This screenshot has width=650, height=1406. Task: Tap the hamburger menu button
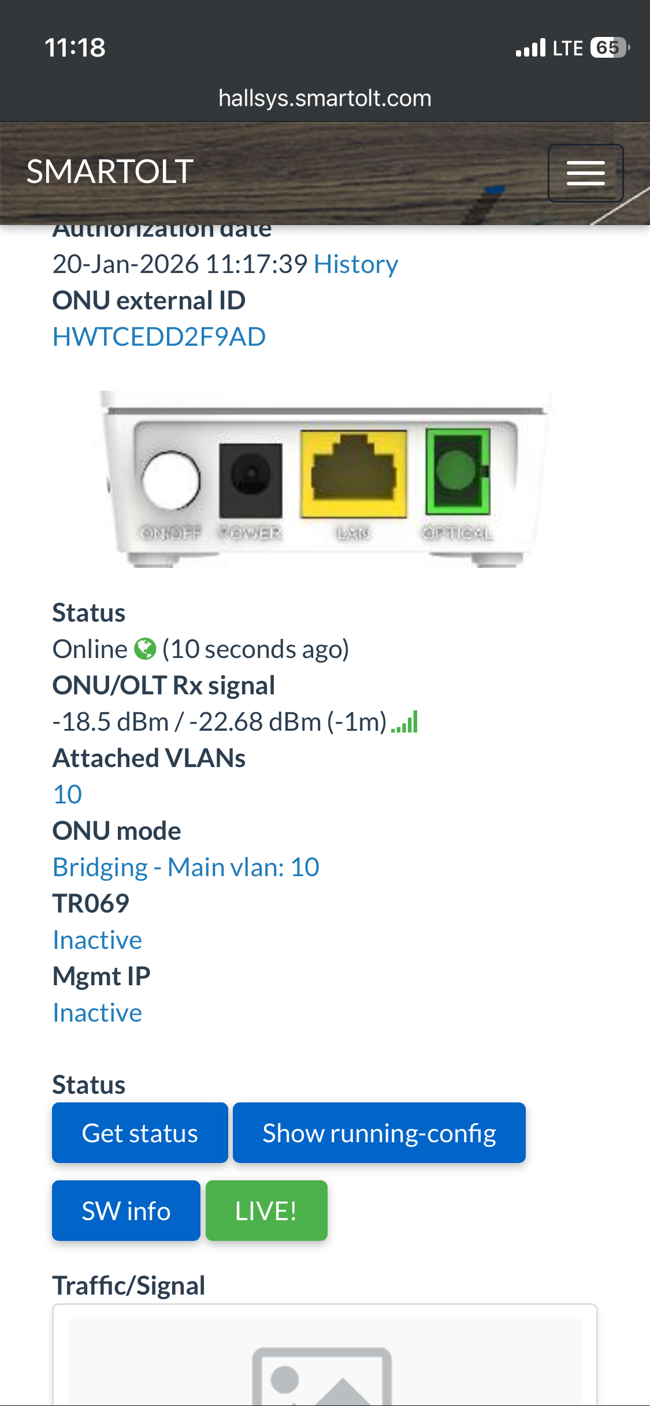pyautogui.click(x=585, y=173)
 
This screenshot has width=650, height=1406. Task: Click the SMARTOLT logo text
pyautogui.click(x=110, y=172)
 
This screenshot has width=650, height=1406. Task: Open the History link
pyautogui.click(x=356, y=264)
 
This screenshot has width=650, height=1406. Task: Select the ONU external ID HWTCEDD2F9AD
pyautogui.click(x=159, y=336)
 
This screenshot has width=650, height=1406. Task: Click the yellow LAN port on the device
pyautogui.click(x=354, y=474)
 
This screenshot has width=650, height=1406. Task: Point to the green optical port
pyautogui.click(x=458, y=471)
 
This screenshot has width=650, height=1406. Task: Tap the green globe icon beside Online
pyautogui.click(x=145, y=649)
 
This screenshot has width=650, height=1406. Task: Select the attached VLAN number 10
pyautogui.click(x=68, y=795)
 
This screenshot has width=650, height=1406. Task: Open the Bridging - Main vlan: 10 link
pyautogui.click(x=185, y=867)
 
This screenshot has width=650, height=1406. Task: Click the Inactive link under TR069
pyautogui.click(x=97, y=940)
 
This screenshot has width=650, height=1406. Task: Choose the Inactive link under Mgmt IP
pyautogui.click(x=97, y=1013)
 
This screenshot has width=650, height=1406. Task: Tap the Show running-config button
pyautogui.click(x=379, y=1133)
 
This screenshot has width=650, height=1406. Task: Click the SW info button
pyautogui.click(x=126, y=1211)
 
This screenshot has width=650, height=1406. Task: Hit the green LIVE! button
pyautogui.click(x=266, y=1211)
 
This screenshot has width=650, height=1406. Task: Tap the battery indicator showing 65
pyautogui.click(x=608, y=47)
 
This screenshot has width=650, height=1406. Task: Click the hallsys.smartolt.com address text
pyautogui.click(x=325, y=98)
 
